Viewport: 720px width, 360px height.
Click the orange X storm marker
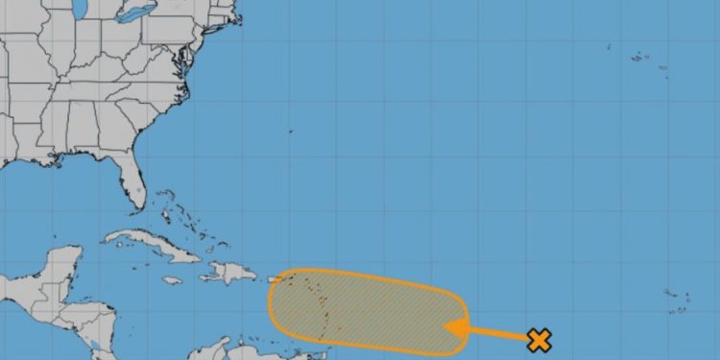click(540, 339)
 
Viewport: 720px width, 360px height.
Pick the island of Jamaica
click(173, 280)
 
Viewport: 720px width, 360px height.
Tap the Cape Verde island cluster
click(677, 301)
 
